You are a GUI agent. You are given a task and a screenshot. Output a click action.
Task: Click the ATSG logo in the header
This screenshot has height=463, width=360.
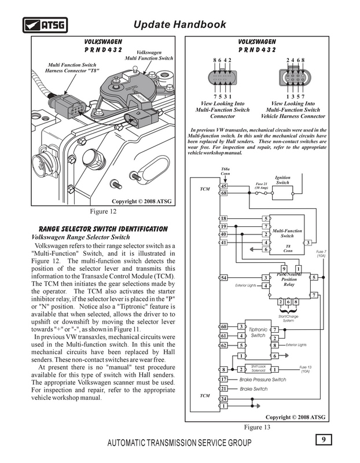45,24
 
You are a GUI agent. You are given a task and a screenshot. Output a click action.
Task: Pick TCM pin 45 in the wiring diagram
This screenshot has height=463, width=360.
224,186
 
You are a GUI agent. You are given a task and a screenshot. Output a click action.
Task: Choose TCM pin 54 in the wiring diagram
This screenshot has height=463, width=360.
224,278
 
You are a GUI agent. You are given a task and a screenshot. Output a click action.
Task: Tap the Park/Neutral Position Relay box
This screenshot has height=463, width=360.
289,282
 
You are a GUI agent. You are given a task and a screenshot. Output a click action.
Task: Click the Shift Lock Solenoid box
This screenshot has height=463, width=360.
257,369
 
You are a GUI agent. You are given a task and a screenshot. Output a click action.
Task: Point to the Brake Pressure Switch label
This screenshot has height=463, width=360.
263,379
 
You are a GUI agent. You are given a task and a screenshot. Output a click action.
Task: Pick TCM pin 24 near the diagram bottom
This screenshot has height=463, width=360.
224,399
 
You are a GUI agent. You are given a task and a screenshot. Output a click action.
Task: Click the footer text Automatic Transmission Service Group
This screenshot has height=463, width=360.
179,443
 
